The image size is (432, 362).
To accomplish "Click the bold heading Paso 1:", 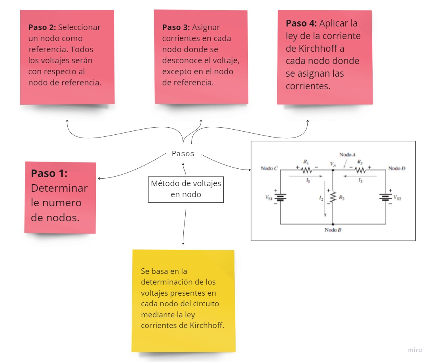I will tap(49, 173).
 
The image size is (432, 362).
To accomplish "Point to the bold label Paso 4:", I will tap(301, 23).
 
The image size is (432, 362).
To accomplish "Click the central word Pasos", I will tap(183, 154).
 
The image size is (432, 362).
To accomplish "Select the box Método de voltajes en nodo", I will tap(186, 189).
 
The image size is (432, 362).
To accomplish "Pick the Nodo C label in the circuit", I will tap(269, 169).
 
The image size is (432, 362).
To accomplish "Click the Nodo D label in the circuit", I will tap(397, 169).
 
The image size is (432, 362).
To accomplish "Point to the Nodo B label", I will tap(333, 230).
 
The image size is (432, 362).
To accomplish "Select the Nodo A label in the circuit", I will tap(347, 155).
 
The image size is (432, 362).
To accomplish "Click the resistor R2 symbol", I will tap(333, 197).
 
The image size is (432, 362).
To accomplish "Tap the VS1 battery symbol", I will tap(280, 197).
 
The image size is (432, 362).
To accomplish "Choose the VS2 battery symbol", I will tap(385, 197).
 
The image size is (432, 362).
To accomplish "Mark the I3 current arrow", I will tap(359, 177).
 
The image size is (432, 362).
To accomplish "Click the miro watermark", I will tap(415, 350).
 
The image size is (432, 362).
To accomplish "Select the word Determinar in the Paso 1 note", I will tap(59, 188).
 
